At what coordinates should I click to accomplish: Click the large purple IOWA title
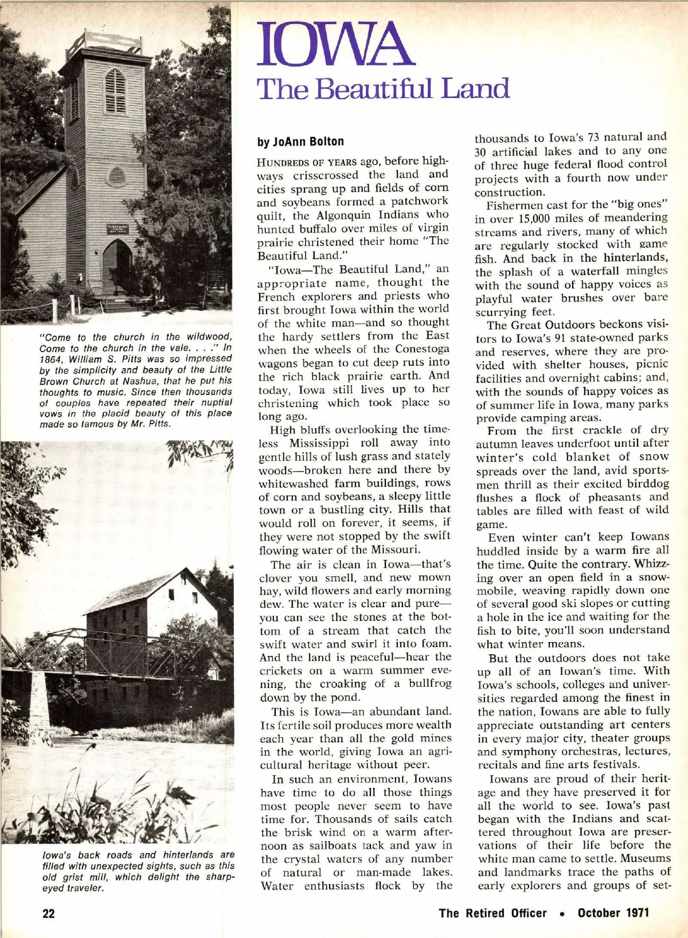335,45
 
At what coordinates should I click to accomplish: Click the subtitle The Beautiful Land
383,89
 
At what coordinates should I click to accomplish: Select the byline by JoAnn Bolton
300,142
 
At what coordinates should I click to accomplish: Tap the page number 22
49,913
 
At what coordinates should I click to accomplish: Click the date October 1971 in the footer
613,913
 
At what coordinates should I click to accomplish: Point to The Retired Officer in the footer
492,913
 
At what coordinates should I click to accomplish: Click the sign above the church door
118,229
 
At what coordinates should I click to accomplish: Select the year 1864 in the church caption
50,358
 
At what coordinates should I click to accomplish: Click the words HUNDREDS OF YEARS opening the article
307,162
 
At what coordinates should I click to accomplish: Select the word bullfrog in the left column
429,683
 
